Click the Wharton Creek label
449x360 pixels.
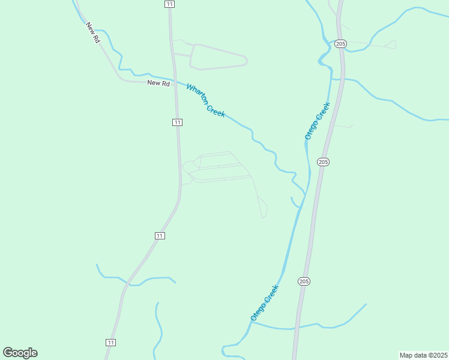[x=206, y=100]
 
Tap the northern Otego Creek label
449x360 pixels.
[x=318, y=121]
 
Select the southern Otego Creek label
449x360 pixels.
[x=265, y=302]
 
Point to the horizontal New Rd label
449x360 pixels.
[x=158, y=83]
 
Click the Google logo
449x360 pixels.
[x=20, y=353]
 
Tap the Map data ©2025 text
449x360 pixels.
[x=423, y=355]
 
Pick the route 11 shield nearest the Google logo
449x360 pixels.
[x=110, y=342]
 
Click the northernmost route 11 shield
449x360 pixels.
[x=170, y=4]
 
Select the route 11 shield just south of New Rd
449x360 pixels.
[x=177, y=122]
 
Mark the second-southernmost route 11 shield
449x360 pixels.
[x=159, y=236]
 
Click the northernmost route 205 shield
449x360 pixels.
[x=341, y=44]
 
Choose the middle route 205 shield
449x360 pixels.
[x=324, y=162]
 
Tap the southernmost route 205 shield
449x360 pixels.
[x=304, y=281]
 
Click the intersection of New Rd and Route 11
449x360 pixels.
[x=173, y=81]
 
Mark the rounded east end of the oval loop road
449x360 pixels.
[x=245, y=61]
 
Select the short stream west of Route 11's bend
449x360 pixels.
[x=135, y=280]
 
